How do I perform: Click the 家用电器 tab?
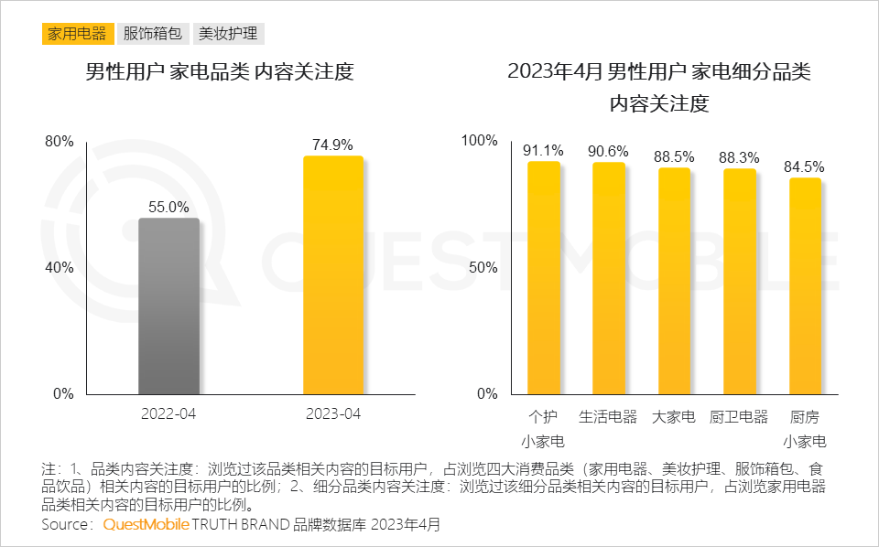point(77,34)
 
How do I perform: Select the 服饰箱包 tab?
point(153,34)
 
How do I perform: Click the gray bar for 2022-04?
point(168,306)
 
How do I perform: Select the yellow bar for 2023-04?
point(333,275)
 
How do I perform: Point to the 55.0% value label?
point(168,207)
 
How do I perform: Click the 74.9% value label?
point(332,145)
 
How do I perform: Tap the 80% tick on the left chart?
point(60,142)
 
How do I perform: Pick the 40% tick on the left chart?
point(60,268)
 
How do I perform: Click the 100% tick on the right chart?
point(479,141)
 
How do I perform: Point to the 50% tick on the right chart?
point(483,268)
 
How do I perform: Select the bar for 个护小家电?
point(543,278)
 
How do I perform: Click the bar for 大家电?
point(674,281)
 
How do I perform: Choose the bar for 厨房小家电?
point(805,285)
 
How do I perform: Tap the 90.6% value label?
point(608,151)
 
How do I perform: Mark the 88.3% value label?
point(739,157)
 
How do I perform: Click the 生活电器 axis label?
point(608,416)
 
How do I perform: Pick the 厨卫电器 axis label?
point(739,416)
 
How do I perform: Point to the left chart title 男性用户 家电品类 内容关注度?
point(219,72)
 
